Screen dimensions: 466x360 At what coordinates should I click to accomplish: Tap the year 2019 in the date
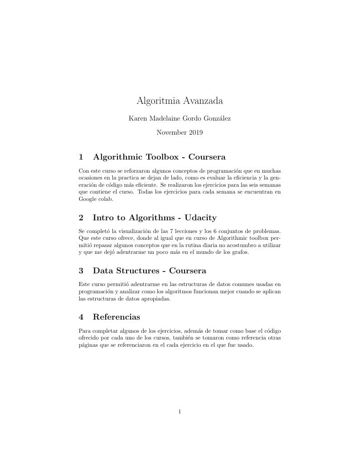coord(195,133)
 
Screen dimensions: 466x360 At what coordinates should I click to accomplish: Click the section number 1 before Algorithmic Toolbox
coord(81,157)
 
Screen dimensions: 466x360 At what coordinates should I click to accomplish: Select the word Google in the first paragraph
coord(88,199)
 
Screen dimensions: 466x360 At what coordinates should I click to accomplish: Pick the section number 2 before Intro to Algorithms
coord(81,218)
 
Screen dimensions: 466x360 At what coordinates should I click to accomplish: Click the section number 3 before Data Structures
coord(81,271)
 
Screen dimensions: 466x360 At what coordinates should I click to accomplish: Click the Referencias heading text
coord(117,317)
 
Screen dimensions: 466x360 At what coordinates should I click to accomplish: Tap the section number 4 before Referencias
coord(81,317)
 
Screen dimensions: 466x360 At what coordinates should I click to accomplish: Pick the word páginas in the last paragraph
coord(88,345)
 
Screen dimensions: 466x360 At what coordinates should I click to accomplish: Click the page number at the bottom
coord(180,412)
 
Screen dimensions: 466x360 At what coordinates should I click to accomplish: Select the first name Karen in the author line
coord(137,119)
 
